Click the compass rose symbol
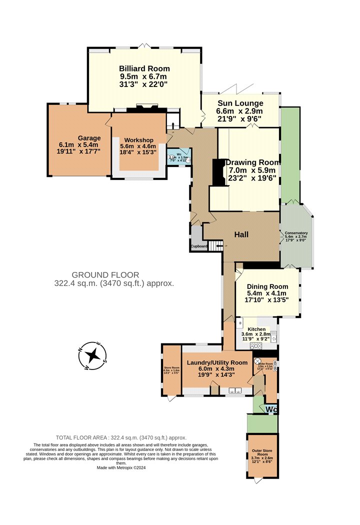point(92,355)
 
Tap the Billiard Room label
point(144,68)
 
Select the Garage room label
point(89,138)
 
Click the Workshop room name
point(138,139)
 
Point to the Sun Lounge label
point(239,103)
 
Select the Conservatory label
point(296,233)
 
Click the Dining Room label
point(267,286)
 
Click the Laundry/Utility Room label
point(217,362)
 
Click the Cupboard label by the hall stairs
point(198,246)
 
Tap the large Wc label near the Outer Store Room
point(271,410)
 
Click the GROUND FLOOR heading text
point(105,275)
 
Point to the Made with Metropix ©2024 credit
point(122,467)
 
